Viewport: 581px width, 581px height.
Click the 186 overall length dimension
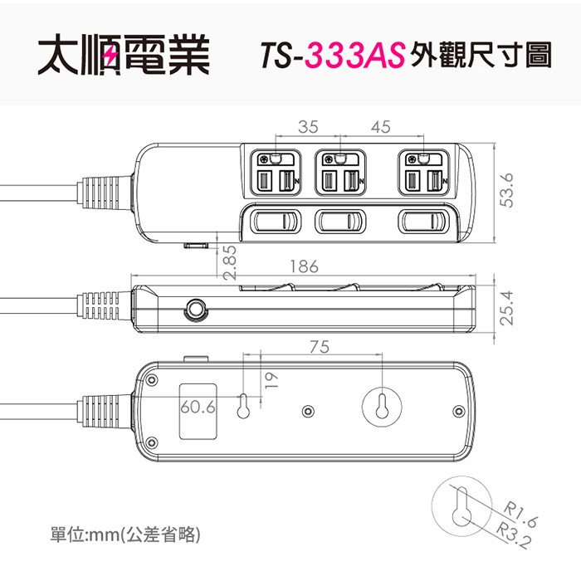pyautogui.click(x=304, y=266)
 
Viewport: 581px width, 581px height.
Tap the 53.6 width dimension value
pyautogui.click(x=507, y=190)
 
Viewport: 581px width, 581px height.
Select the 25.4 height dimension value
pyautogui.click(x=507, y=308)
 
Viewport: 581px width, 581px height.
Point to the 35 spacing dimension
pyautogui.click(x=308, y=127)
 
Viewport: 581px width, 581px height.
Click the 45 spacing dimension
pyautogui.click(x=380, y=127)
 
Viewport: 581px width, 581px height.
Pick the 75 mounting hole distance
pyautogui.click(x=320, y=347)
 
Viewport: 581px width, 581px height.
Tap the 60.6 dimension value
pyautogui.click(x=198, y=408)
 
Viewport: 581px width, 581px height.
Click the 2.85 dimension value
pyautogui.click(x=230, y=262)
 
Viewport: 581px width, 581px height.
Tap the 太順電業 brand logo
pyautogui.click(x=124, y=55)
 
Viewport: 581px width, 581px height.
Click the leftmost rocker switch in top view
pyautogui.click(x=276, y=222)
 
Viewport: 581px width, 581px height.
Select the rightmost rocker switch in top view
pyautogui.click(x=423, y=222)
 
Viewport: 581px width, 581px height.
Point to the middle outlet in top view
pyautogui.click(x=340, y=173)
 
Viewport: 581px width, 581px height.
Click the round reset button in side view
pyautogui.click(x=195, y=308)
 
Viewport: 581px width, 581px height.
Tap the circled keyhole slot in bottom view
pyautogui.click(x=382, y=407)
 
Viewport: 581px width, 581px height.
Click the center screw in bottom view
pyautogui.click(x=307, y=411)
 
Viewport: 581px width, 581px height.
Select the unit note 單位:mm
pyautogui.click(x=85, y=535)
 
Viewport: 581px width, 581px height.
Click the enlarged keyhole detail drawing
pyautogui.click(x=461, y=506)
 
